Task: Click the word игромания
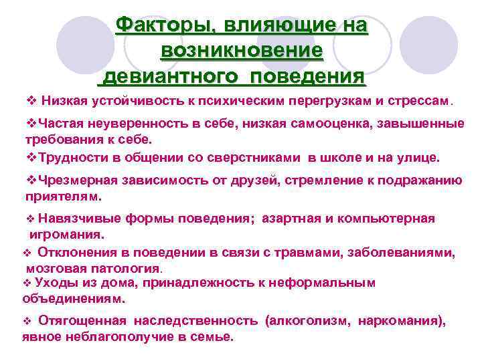pos(66,235)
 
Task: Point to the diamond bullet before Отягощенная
pos(27,321)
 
